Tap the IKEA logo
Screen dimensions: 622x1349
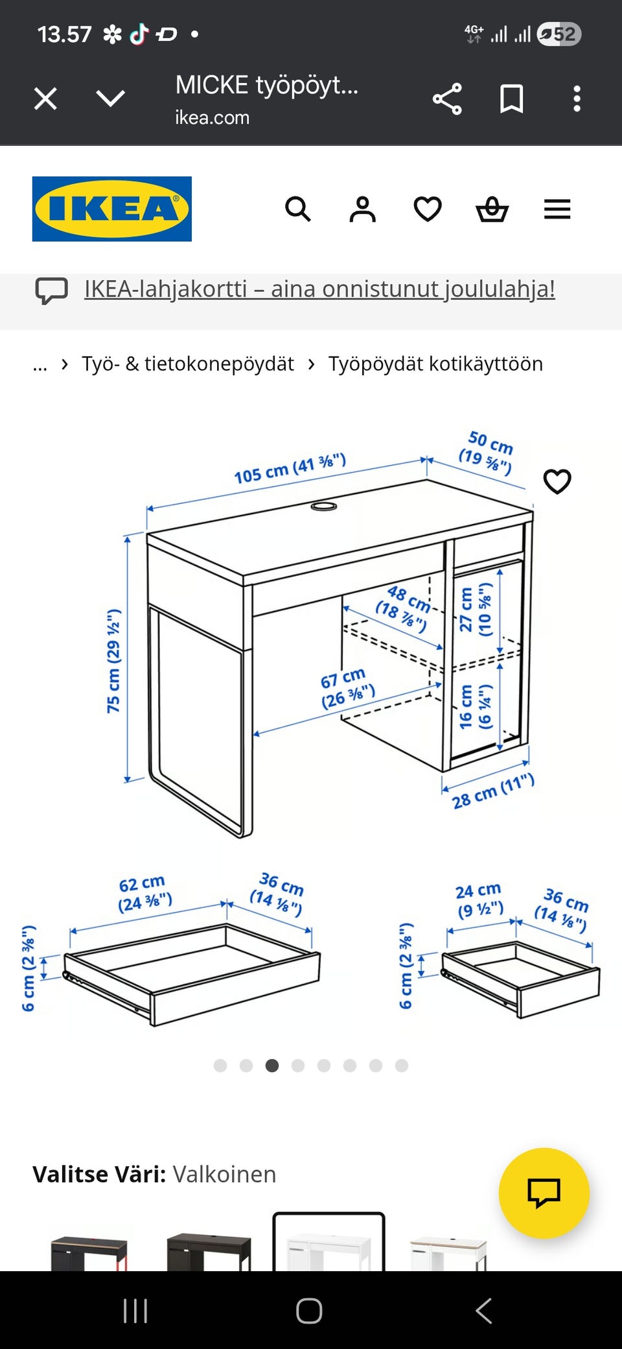pos(112,209)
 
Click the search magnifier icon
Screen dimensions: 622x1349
pos(298,209)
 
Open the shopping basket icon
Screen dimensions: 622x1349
pos(492,209)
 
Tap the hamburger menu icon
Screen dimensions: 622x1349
pos(557,209)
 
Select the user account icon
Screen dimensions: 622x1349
pos(363,209)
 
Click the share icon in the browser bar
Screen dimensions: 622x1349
pos(447,99)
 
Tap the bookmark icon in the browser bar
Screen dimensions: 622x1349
pos(512,99)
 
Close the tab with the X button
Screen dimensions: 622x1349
pos(45,99)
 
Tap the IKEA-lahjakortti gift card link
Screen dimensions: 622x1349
pos(319,289)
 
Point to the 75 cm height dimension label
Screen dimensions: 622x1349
pos(114,661)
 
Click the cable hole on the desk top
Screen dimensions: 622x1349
pos(324,506)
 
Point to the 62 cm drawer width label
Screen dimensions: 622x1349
pos(144,893)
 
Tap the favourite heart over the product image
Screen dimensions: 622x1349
pos(557,481)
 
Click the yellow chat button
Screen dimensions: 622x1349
pos(544,1193)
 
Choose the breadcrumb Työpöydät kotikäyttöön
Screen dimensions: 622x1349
pos(435,364)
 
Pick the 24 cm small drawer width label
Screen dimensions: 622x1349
pos(479,900)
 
